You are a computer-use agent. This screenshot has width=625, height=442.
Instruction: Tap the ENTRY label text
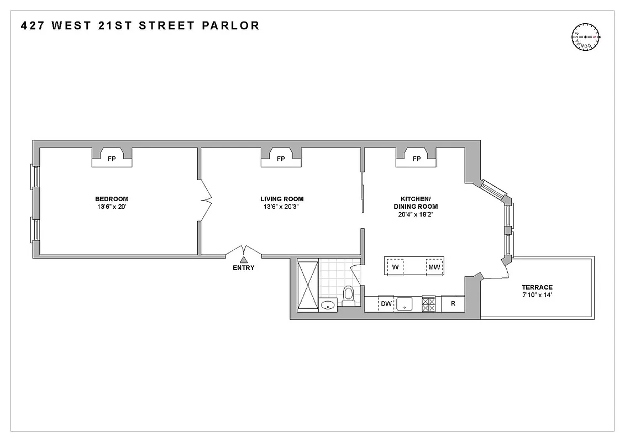(244, 268)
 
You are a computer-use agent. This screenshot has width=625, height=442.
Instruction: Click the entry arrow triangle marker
(244, 260)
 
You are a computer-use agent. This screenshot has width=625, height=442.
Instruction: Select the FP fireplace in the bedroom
(112, 159)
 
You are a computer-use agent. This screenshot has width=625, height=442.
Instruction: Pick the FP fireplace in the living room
(281, 159)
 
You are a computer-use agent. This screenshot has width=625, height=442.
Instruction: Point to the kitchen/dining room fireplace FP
(416, 159)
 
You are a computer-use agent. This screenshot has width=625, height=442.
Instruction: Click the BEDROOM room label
(112, 199)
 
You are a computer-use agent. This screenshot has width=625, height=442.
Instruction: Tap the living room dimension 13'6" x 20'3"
(282, 207)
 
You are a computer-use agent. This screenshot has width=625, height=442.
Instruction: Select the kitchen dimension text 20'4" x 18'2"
(416, 215)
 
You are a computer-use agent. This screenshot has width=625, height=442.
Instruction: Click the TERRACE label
(537, 287)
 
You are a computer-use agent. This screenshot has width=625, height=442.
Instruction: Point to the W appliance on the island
(396, 267)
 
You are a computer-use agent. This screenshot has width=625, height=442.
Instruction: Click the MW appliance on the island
(433, 267)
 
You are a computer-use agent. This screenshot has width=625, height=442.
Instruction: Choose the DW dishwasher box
(386, 304)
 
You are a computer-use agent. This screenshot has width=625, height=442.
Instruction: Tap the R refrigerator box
(453, 304)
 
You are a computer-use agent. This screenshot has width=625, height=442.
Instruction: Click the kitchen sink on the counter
(407, 304)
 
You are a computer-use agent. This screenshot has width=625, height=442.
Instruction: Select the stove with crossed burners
(429, 304)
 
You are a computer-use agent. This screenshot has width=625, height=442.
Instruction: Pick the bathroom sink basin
(328, 304)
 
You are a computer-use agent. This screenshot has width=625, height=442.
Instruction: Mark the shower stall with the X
(308, 285)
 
